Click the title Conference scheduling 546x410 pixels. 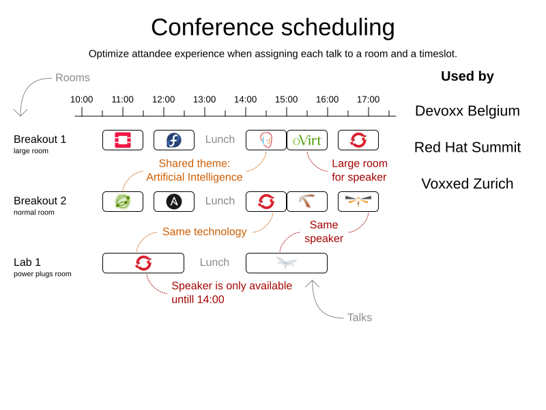[272, 27]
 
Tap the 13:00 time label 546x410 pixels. [204, 99]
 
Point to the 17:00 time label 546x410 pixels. [368, 99]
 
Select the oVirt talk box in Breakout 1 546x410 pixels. [306, 140]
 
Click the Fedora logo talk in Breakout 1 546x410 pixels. [174, 140]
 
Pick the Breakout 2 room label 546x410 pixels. [40, 201]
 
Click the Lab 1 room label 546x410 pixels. [27, 262]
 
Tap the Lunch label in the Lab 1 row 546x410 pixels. [214, 262]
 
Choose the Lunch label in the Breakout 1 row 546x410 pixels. [220, 139]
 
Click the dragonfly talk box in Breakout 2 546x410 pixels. [358, 202]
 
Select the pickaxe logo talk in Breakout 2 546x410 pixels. [306, 202]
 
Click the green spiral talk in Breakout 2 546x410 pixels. [123, 202]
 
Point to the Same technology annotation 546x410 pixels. [204, 232]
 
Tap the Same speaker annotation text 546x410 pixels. [324, 231]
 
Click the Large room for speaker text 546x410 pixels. [359, 170]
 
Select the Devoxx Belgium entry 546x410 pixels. [467, 111]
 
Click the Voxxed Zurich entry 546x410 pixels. [467, 184]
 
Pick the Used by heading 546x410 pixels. [467, 77]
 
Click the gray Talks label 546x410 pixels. [359, 317]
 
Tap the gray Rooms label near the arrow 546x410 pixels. [72, 78]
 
